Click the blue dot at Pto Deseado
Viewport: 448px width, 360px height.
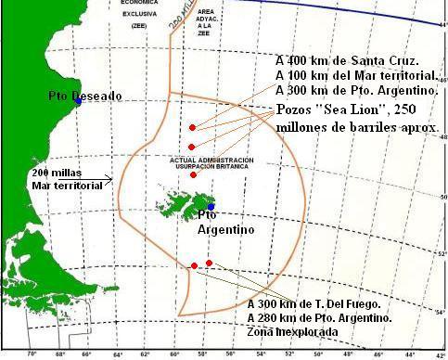pos(79,102)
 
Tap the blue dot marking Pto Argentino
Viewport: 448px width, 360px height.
pos(211,206)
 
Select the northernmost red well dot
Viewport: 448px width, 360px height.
pos(192,127)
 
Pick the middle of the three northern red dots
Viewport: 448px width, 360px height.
pos(191,147)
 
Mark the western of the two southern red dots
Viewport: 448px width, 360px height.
pos(194,266)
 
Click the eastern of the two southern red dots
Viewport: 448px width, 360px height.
pos(210,264)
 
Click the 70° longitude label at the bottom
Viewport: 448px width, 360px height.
pos(31,354)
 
